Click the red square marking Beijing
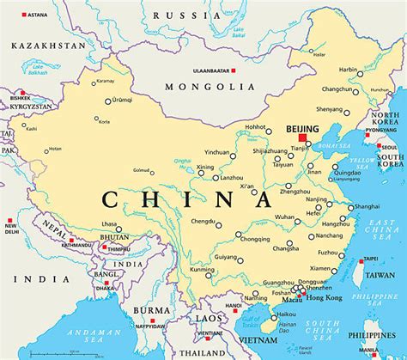[x=301, y=137]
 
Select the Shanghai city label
[x=367, y=206]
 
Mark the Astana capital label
[x=37, y=15]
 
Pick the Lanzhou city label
[x=231, y=177]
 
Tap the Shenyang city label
[x=329, y=109]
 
